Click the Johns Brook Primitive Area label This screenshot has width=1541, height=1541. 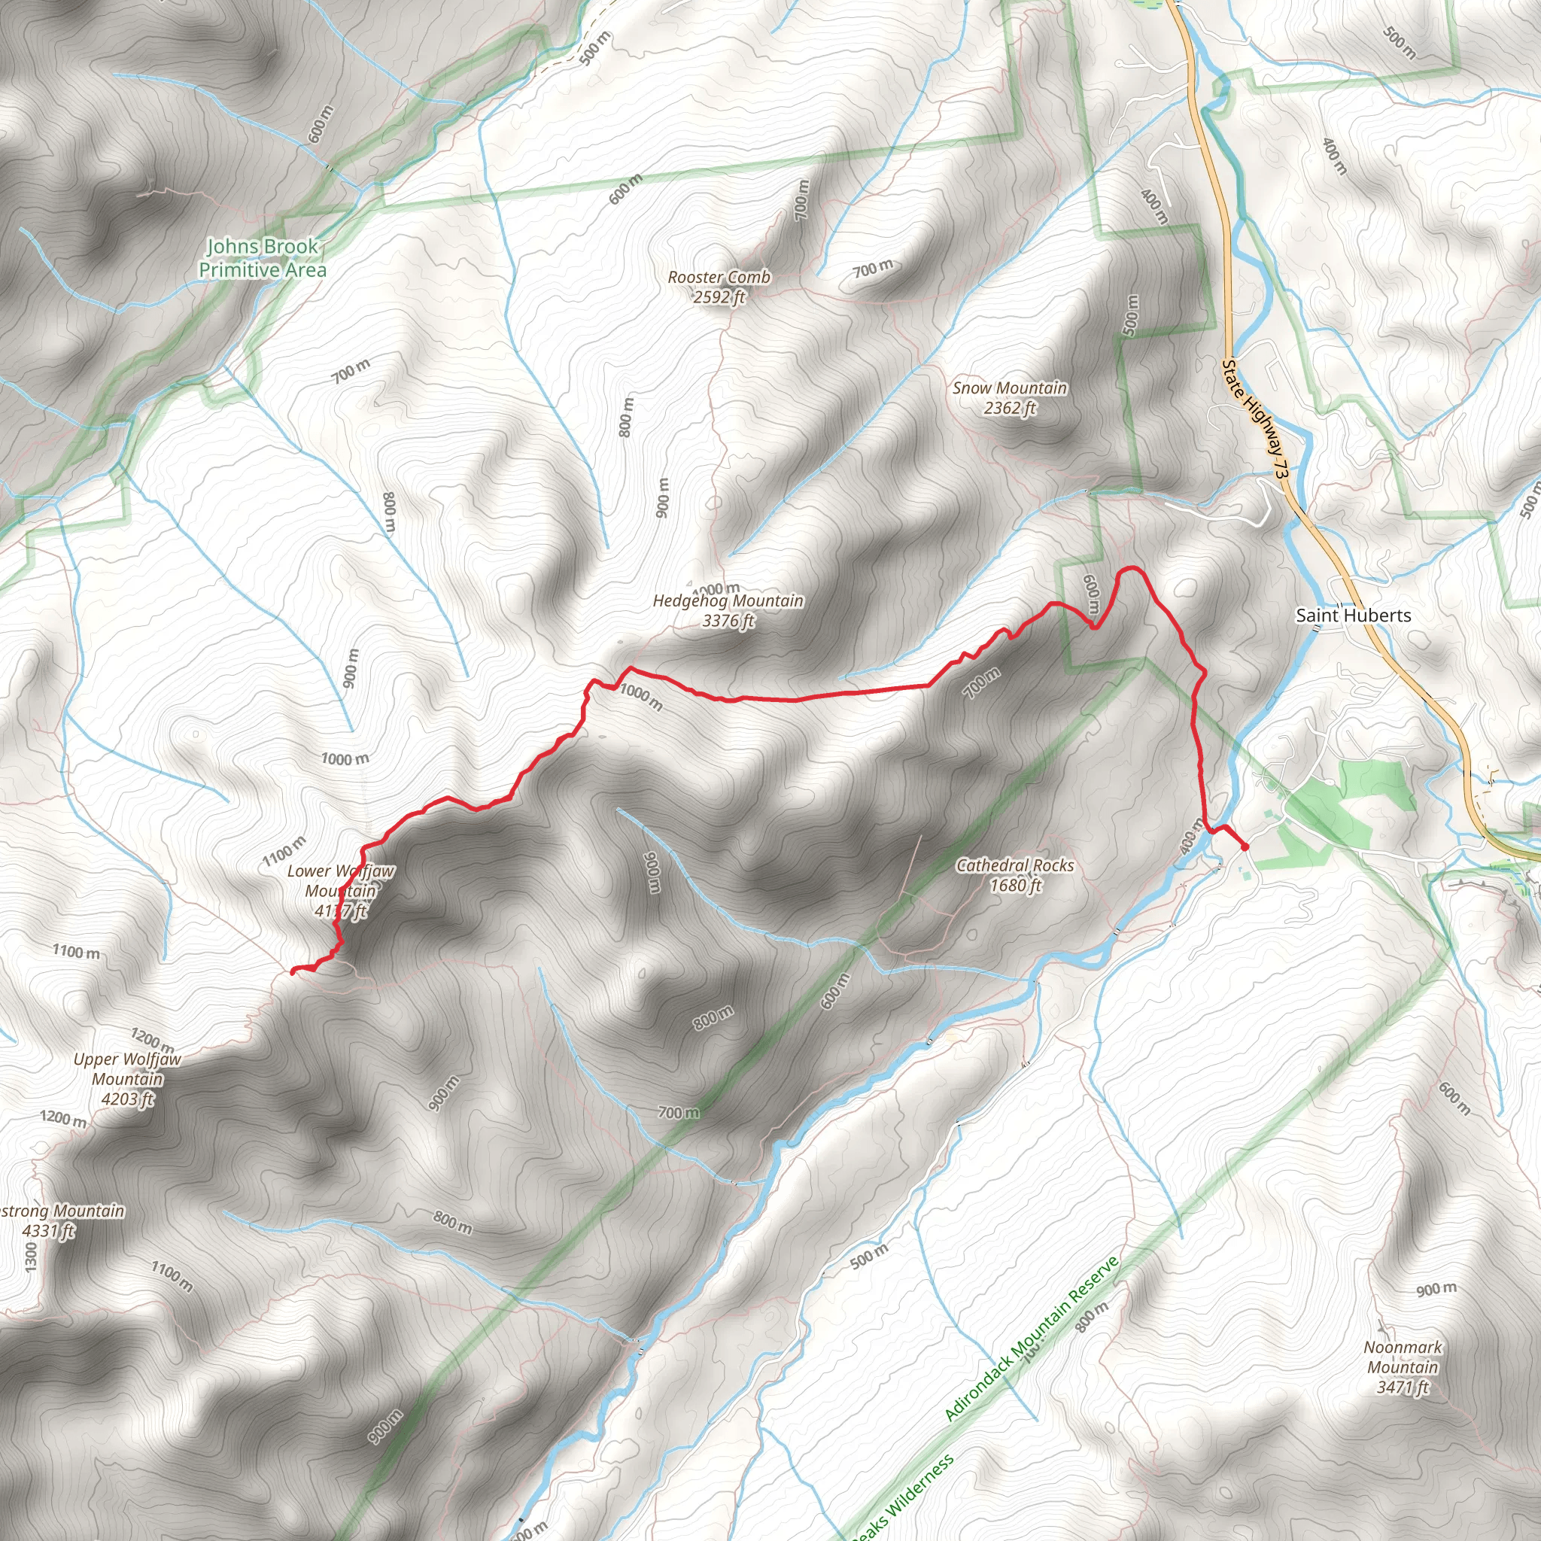[263, 257]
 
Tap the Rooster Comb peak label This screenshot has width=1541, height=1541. [719, 278]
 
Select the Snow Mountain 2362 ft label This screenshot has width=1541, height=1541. [1009, 398]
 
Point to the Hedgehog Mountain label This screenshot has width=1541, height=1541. [728, 600]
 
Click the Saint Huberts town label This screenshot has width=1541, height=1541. [1353, 615]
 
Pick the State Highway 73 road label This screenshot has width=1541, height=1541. [1254, 419]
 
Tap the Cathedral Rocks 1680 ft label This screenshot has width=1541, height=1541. [1014, 875]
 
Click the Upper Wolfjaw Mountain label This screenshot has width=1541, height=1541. [127, 1068]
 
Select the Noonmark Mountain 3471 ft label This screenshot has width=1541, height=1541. [1403, 1367]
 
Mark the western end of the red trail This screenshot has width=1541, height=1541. [293, 971]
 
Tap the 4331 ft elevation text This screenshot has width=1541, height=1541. [48, 1231]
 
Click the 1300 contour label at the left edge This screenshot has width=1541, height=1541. [30, 1258]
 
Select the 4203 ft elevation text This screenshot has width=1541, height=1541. [127, 1099]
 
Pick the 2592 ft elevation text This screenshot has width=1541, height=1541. [719, 297]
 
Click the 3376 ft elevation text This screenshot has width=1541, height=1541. [728, 621]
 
